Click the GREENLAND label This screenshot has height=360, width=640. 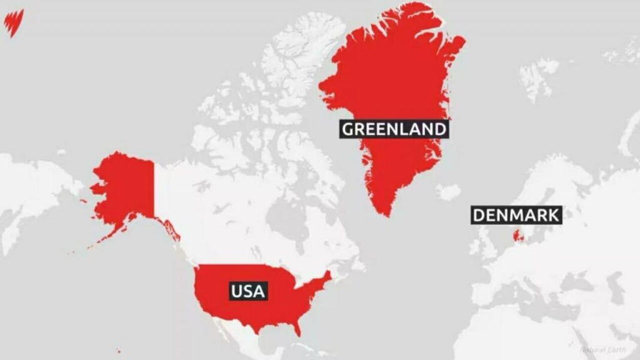pos(394,129)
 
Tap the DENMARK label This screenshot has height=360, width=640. pos(516,216)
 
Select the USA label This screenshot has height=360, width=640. pos(248,291)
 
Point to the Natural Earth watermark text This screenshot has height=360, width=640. pos(600,350)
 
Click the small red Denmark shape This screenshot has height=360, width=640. pos(517,236)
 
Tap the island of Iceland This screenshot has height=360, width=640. pos(448,192)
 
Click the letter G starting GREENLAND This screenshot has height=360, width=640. pos(348,129)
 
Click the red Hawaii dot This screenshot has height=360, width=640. pos(118,351)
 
